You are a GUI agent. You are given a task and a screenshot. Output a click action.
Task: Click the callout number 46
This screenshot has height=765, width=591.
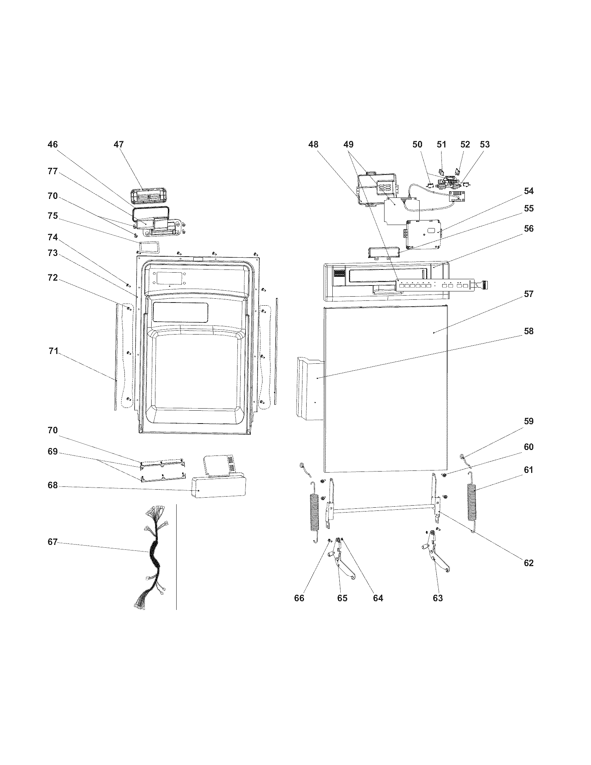coord(52,144)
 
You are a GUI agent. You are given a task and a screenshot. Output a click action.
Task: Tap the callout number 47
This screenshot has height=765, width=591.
coord(119,144)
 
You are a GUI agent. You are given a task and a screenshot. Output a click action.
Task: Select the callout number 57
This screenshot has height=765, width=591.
coord(528,294)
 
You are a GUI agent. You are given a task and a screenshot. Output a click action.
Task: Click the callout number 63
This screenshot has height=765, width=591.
coord(438,598)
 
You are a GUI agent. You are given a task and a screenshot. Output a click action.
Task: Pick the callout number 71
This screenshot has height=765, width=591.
coord(53,351)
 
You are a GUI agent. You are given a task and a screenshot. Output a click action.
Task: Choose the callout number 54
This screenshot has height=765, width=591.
coord(528,191)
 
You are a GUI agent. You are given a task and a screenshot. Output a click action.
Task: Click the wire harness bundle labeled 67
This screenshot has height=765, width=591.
coord(153,557)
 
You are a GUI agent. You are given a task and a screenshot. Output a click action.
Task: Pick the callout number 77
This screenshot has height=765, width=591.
coord(52,171)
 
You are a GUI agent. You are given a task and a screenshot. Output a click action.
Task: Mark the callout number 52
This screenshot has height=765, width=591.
coord(465,144)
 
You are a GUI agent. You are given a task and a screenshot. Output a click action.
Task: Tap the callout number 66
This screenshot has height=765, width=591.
coord(299,598)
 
